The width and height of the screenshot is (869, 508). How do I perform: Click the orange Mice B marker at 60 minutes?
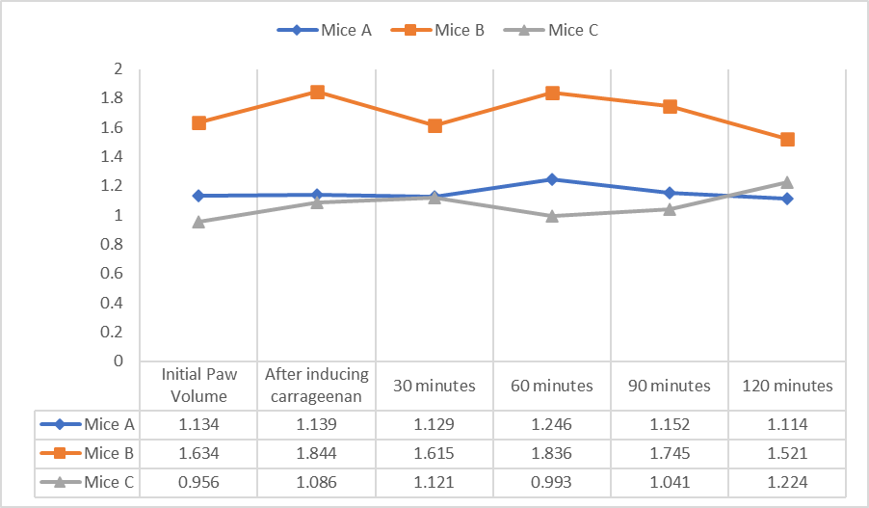(x=552, y=93)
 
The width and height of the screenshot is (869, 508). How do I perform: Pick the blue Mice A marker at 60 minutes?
(x=552, y=179)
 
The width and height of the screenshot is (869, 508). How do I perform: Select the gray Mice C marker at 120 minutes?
(x=787, y=182)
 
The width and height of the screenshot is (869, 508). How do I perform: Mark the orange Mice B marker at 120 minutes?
(x=787, y=139)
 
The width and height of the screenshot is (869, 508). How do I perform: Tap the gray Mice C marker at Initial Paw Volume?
(x=198, y=222)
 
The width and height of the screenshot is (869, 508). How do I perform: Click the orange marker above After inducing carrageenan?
(x=317, y=92)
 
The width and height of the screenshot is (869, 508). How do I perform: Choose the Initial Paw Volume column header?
(x=198, y=386)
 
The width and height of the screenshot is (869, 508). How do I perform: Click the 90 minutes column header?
(x=670, y=386)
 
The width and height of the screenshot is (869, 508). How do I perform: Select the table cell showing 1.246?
(x=552, y=423)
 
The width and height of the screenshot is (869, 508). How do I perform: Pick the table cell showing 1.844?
(x=317, y=452)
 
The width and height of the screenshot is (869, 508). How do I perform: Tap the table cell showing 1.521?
(x=787, y=452)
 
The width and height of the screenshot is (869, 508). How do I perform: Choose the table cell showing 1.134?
(x=198, y=423)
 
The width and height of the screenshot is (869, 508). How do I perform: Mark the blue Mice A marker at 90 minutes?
(x=670, y=193)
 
